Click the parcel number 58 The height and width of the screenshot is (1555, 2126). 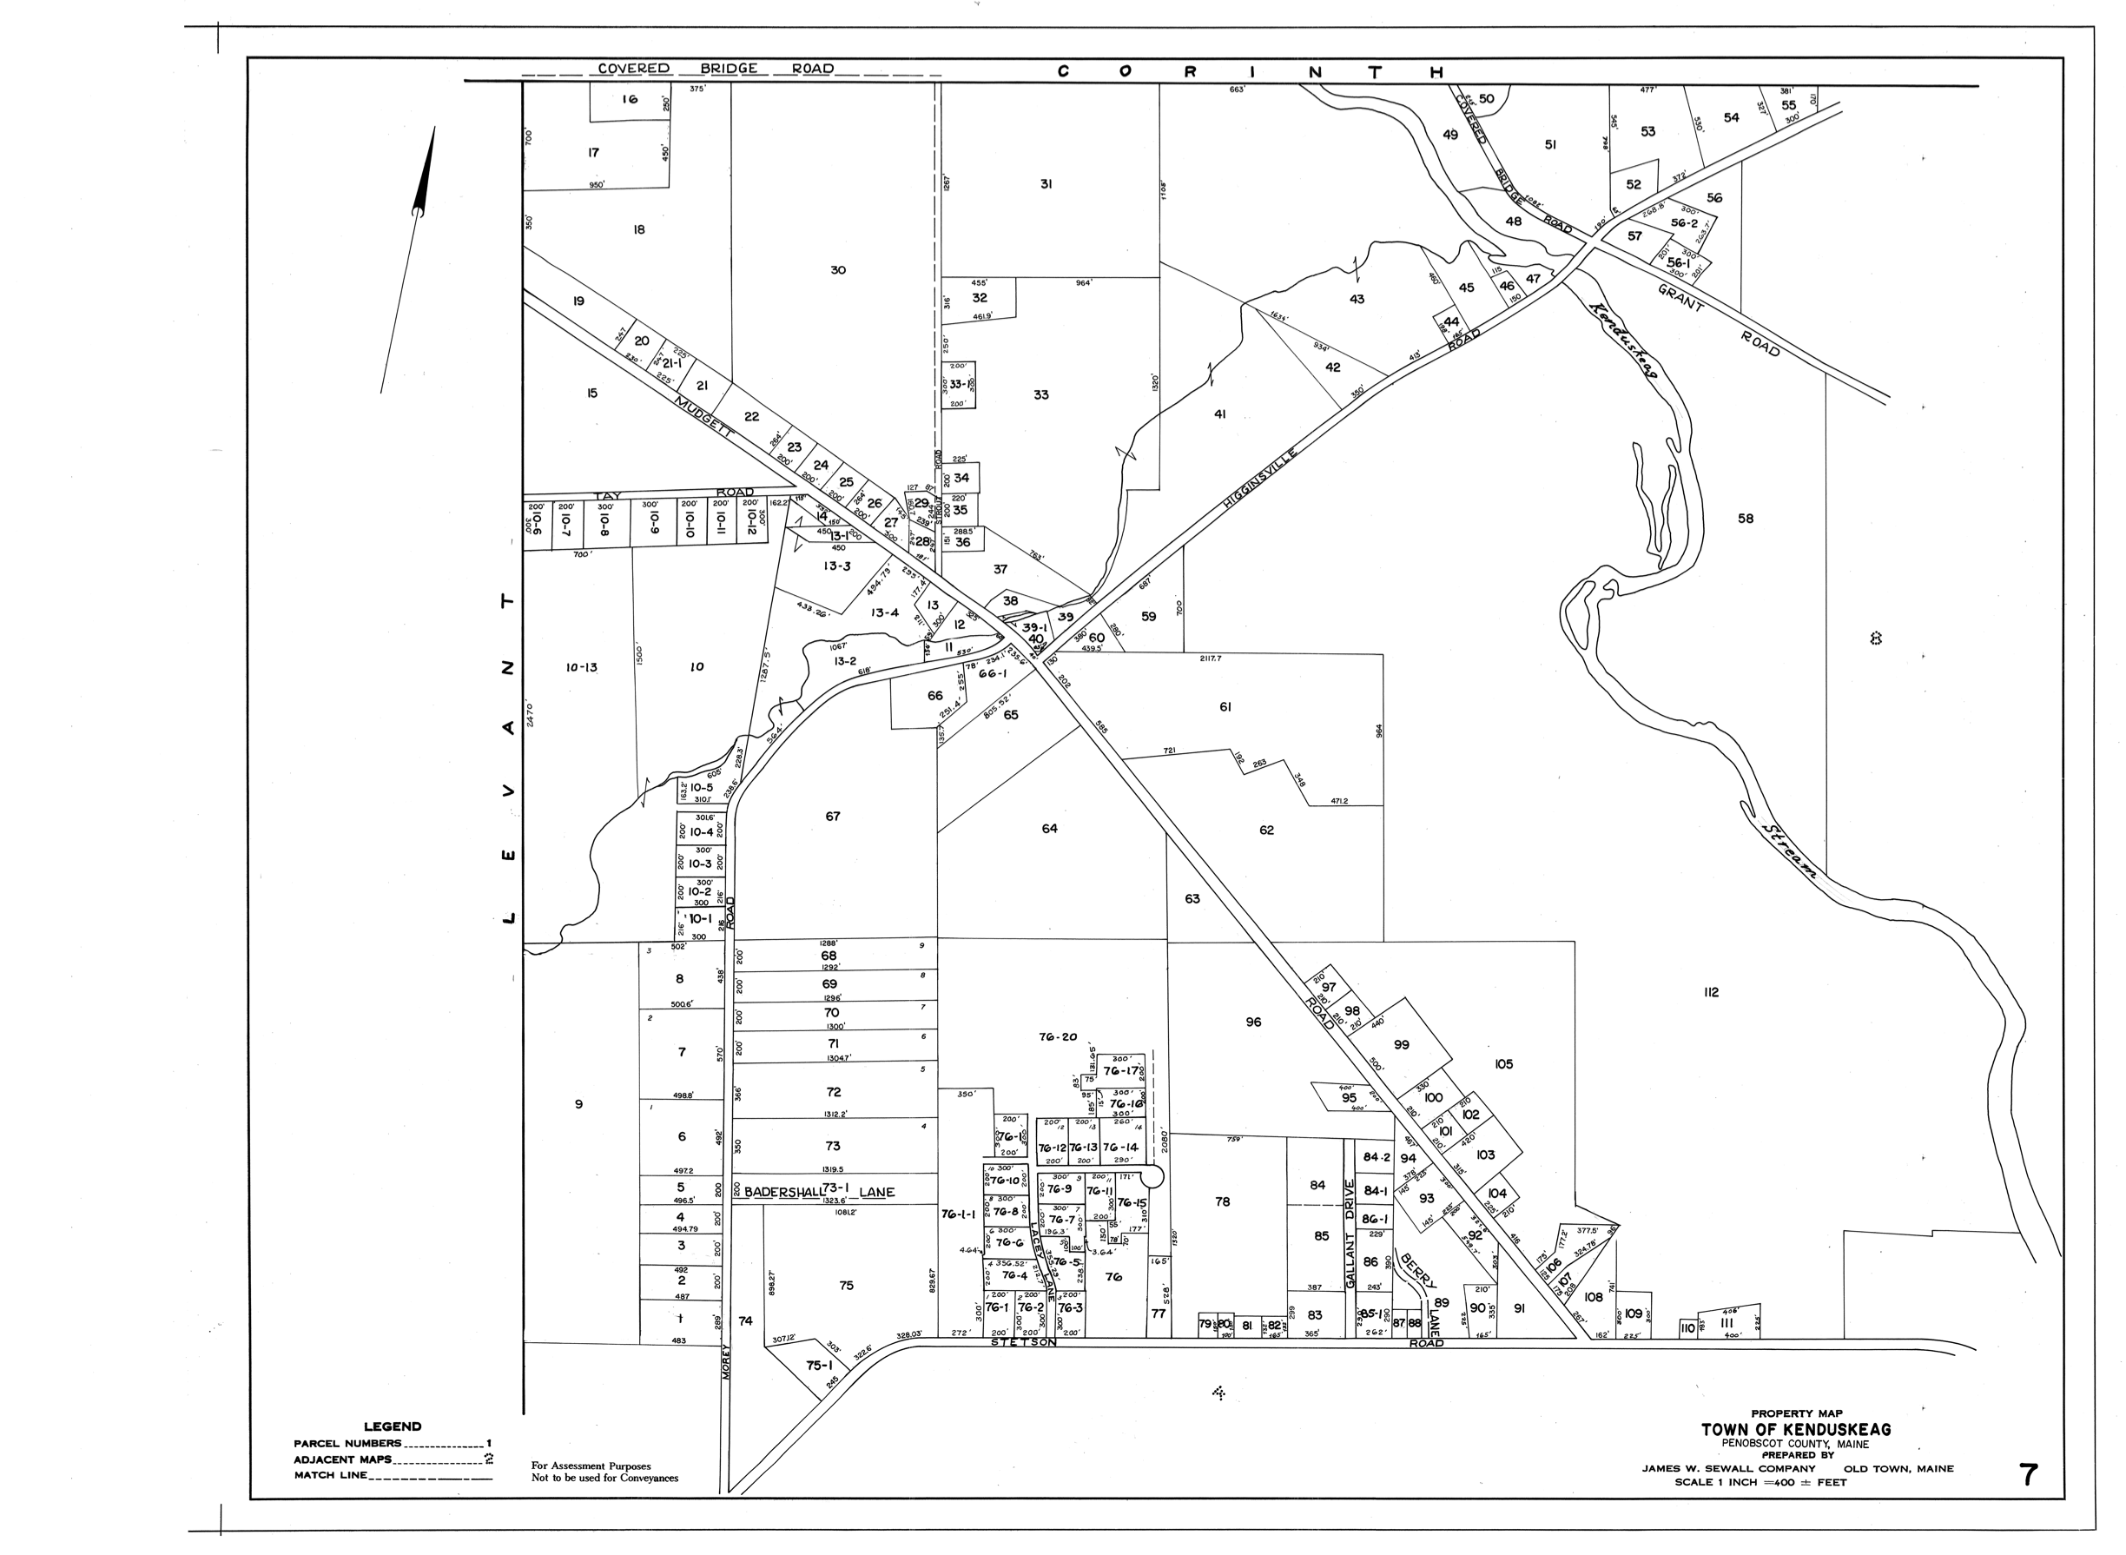click(x=1745, y=519)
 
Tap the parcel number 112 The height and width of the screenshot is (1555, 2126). click(x=1710, y=992)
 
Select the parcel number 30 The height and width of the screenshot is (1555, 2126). click(x=837, y=270)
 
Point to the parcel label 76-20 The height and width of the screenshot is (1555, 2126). click(x=1057, y=1037)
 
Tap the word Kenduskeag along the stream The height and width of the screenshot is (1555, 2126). click(x=1622, y=340)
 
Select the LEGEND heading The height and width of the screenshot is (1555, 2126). click(x=393, y=1426)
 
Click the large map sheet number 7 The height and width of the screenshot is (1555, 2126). click(x=2028, y=1476)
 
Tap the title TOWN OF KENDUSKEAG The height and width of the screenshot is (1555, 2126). click(x=1796, y=1430)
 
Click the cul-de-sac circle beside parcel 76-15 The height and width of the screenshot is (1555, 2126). click(x=1152, y=1176)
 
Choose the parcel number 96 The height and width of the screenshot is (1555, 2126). click(x=1252, y=1022)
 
